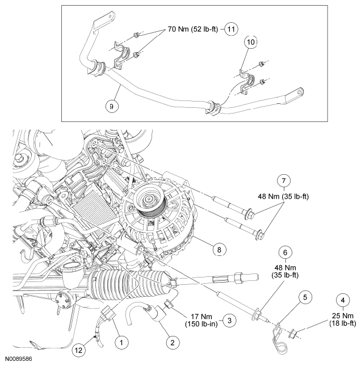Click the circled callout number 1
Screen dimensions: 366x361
[x=120, y=342]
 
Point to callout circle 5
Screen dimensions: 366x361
[x=305, y=296]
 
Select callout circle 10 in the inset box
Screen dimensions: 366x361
[x=250, y=43]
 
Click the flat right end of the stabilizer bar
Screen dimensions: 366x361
[x=296, y=93]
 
